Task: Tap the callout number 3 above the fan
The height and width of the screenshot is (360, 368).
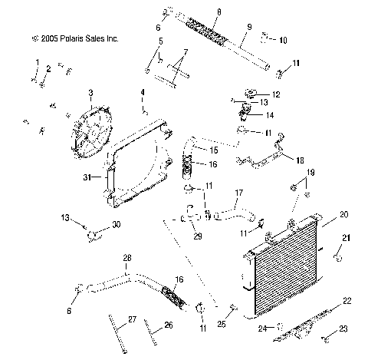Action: coord(90,93)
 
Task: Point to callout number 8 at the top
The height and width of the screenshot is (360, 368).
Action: coord(219,12)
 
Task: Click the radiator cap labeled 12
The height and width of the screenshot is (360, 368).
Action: coord(251,94)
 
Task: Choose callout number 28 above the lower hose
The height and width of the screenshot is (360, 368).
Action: coord(128,258)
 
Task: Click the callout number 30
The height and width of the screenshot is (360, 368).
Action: coord(117,224)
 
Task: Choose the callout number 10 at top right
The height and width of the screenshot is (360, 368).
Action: coord(283,40)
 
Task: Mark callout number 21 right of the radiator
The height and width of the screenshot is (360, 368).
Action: coord(345,237)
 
